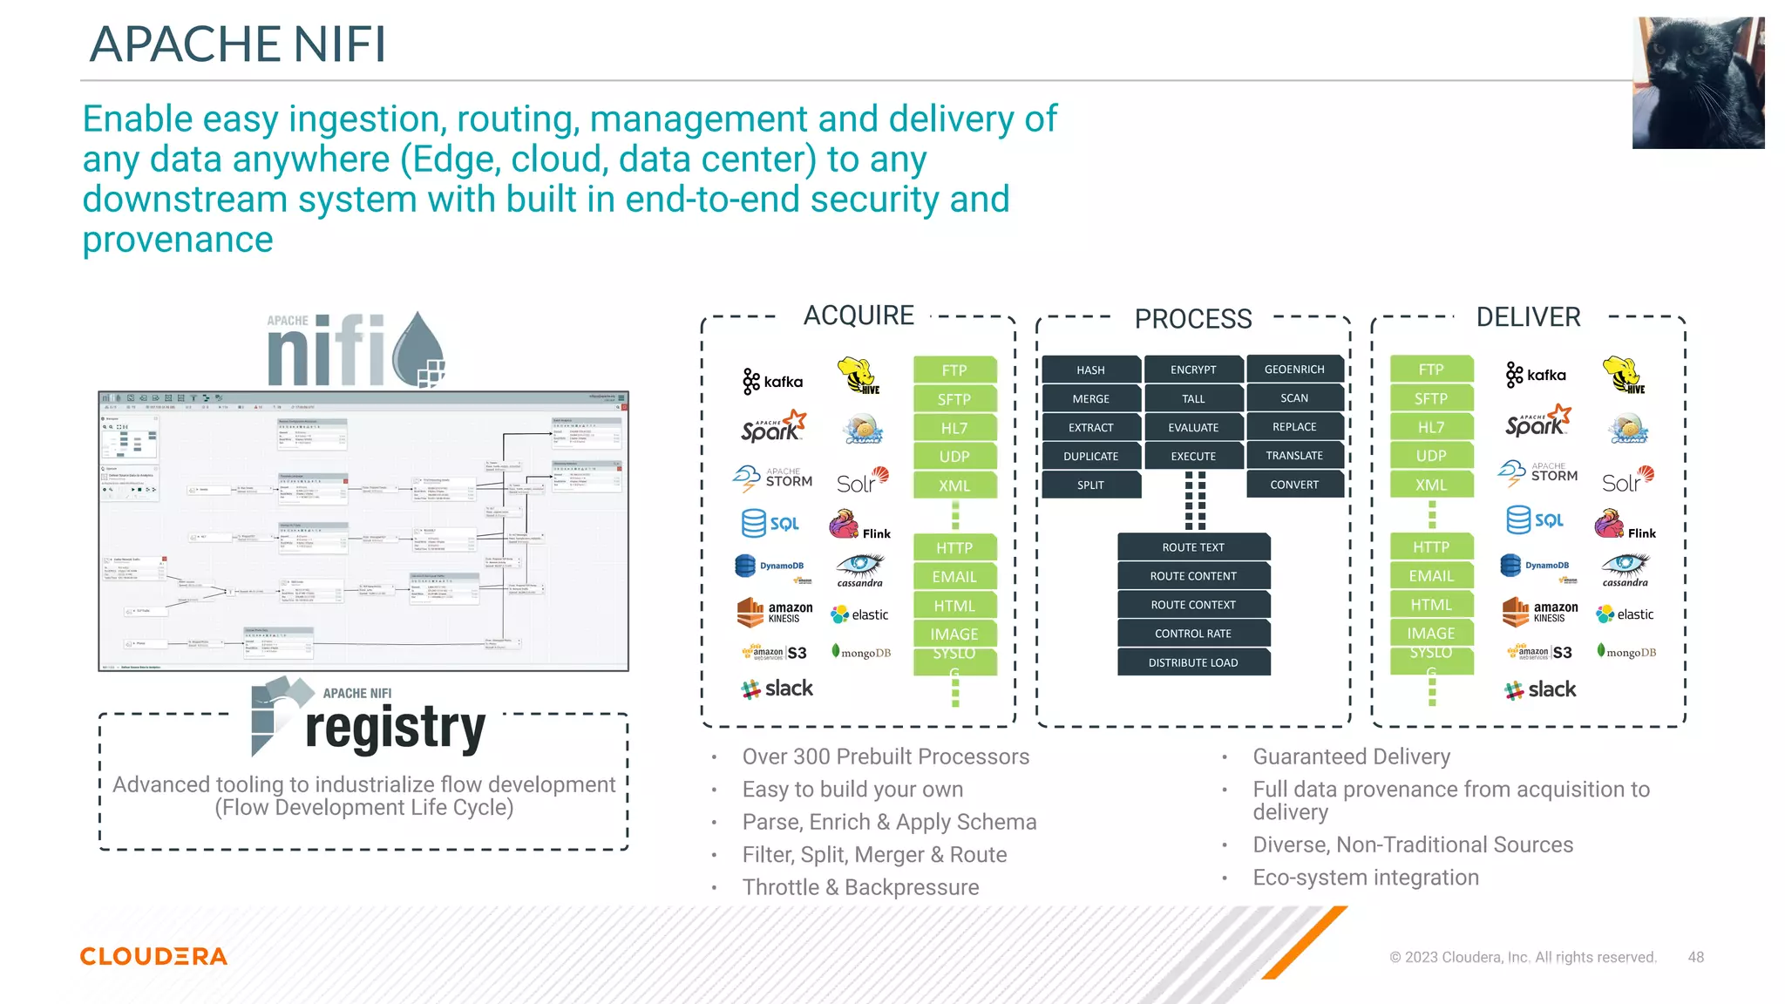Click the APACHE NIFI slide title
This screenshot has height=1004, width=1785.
click(x=237, y=44)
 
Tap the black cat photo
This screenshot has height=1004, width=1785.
click(x=1698, y=83)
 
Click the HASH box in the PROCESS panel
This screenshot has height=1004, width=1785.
click(x=1090, y=370)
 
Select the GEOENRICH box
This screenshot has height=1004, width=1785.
click(x=1294, y=370)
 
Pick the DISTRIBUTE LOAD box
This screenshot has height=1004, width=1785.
click(x=1192, y=662)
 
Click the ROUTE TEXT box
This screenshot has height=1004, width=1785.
click(x=1192, y=547)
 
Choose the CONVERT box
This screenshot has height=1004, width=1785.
click(x=1294, y=485)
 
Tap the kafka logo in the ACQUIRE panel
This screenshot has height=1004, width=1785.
click(x=773, y=381)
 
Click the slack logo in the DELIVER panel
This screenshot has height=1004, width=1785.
click(x=1540, y=689)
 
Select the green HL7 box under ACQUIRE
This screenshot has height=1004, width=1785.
click(x=954, y=428)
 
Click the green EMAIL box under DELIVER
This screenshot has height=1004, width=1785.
click(x=1431, y=576)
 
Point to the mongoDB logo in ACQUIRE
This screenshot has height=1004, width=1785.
click(x=862, y=653)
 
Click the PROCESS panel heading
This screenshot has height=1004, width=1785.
click(x=1192, y=319)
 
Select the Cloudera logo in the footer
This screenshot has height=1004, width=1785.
click(x=153, y=956)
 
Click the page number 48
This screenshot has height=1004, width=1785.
click(x=1695, y=957)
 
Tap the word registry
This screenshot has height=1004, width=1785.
click(x=395, y=729)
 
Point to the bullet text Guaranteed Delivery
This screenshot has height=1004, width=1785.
click(x=1351, y=756)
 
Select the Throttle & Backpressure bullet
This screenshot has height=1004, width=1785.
click(x=860, y=887)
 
